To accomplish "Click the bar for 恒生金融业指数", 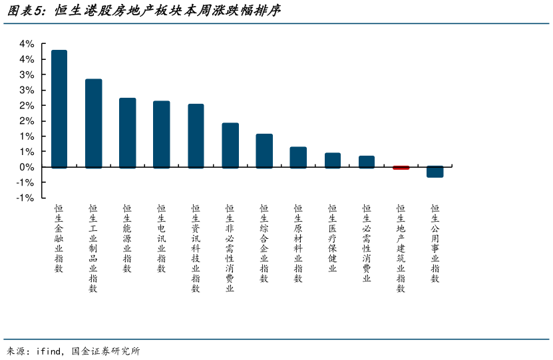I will click(x=59, y=108).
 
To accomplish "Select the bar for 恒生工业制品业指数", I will click(x=93, y=123).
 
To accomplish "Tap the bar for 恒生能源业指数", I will click(x=127, y=132).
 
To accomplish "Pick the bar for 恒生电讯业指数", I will click(x=162, y=134).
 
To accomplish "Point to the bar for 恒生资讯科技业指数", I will click(x=196, y=135).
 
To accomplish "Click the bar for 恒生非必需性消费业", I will click(x=230, y=145).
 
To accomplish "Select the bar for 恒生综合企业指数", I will click(x=264, y=150).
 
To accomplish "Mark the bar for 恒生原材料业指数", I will click(x=298, y=157).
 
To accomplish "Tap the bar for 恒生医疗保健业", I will click(x=333, y=160).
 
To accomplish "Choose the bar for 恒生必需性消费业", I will click(x=367, y=162).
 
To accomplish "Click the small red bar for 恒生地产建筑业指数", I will click(x=401, y=168).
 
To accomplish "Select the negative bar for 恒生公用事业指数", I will click(x=435, y=172).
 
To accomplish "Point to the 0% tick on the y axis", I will click(x=27, y=167).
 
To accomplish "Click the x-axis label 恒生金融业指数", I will click(x=59, y=238).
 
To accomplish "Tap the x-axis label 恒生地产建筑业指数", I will click(x=401, y=248).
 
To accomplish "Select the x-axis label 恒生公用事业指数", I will click(x=435, y=243).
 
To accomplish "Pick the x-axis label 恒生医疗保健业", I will click(x=333, y=238).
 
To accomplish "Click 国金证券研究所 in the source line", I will click(x=106, y=351).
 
